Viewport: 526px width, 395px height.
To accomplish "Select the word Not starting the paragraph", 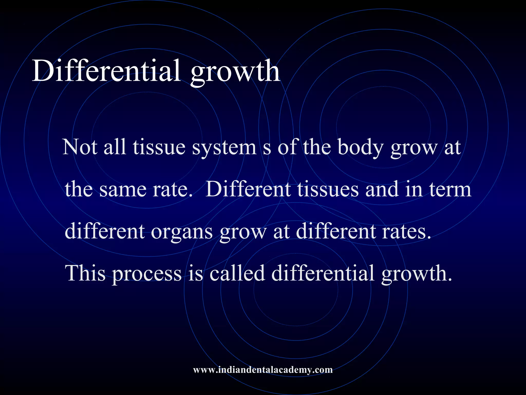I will coord(80,147).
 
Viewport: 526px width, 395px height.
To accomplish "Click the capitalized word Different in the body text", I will coord(248,189).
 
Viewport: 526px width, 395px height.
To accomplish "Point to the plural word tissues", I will coord(328,190).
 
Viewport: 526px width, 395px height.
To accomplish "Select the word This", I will coord(86,273).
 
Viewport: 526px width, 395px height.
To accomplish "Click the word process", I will coord(147,275).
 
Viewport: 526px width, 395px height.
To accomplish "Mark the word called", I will coord(237,273).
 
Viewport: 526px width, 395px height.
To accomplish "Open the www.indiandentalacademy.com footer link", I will coord(263,370).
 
